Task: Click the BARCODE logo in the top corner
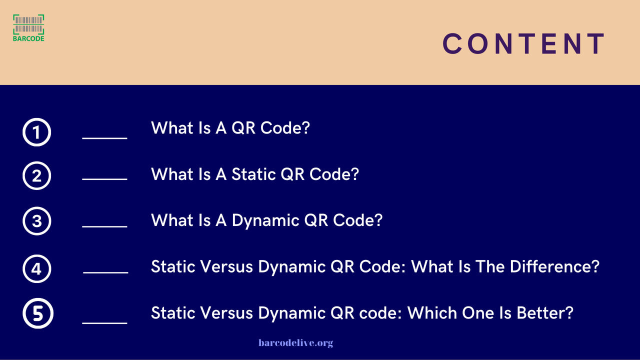[x=28, y=27]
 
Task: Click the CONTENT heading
[x=524, y=44]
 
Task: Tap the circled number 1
[x=37, y=132]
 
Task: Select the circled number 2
[x=37, y=175]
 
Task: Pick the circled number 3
[x=37, y=221]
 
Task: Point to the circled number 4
[x=37, y=269]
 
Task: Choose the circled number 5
[x=37, y=314]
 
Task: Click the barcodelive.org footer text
[x=295, y=342]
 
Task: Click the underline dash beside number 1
[x=104, y=137]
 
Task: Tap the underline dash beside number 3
[x=104, y=226]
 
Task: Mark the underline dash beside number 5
[x=104, y=323]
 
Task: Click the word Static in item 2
[x=253, y=174]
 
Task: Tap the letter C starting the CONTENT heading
[x=453, y=44]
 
